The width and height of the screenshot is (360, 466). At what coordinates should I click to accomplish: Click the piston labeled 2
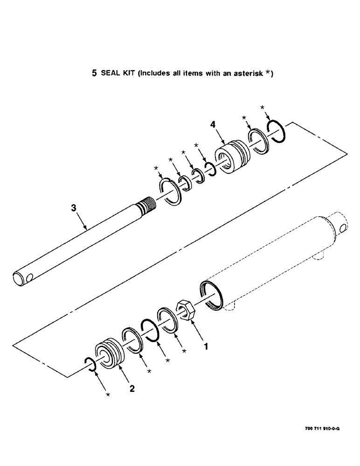click(110, 354)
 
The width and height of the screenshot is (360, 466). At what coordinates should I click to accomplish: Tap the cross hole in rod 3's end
click(30, 279)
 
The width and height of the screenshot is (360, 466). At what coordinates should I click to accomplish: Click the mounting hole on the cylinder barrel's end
click(344, 228)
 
